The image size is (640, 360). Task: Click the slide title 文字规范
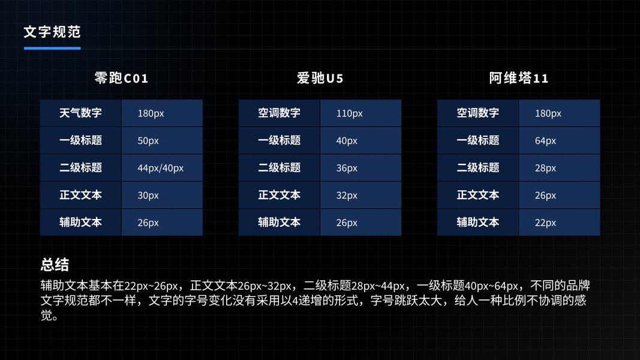(52, 32)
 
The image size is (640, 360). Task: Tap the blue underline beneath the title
(52, 48)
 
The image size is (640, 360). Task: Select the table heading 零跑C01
(121, 78)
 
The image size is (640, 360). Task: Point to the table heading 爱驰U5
(320, 78)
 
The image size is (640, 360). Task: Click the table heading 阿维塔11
(519, 78)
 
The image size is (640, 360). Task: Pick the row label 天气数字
(81, 113)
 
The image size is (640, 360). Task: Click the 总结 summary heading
(55, 265)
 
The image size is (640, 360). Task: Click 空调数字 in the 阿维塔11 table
(478, 113)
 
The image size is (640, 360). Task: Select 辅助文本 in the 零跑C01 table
(81, 223)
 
